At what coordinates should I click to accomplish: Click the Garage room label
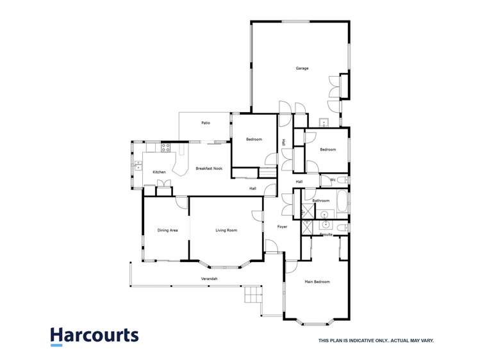tap(302, 68)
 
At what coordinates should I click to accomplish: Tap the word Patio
tap(206, 122)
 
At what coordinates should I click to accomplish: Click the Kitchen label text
tap(159, 172)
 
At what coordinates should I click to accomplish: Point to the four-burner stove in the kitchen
tap(165, 147)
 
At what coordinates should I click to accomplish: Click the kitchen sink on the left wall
tap(138, 165)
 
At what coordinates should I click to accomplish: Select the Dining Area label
tap(167, 230)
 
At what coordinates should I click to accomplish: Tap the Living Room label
tap(226, 230)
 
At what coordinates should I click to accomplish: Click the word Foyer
tap(282, 227)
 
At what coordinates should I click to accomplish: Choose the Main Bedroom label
tap(317, 281)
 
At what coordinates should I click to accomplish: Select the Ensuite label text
tap(326, 234)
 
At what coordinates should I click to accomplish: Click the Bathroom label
tap(321, 200)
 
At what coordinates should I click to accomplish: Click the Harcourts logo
tap(94, 336)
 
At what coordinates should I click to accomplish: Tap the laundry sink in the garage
tap(324, 122)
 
